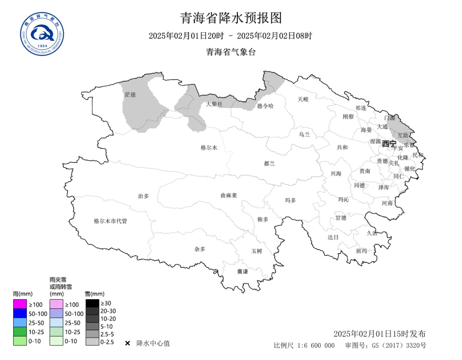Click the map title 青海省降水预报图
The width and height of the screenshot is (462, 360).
click(x=231, y=18)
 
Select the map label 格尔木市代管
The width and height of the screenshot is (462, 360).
click(x=110, y=221)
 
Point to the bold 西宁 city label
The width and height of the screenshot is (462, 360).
click(x=389, y=144)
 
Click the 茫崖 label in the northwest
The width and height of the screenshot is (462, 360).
click(x=130, y=94)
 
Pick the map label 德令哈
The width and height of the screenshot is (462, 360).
click(x=265, y=106)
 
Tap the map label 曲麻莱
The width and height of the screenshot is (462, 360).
click(x=228, y=195)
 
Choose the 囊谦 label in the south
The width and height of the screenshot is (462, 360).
click(x=243, y=271)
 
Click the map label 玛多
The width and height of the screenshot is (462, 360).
click(x=290, y=200)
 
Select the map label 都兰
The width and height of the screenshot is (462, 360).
click(x=269, y=163)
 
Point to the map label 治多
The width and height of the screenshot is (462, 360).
click(x=143, y=196)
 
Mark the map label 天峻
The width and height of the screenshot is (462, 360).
click(x=303, y=99)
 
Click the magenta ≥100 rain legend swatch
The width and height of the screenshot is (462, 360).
click(x=20, y=304)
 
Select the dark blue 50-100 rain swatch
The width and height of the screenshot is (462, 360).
click(x=20, y=313)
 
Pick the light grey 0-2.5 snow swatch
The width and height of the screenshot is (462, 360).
click(x=92, y=342)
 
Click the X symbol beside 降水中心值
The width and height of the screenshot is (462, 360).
click(x=127, y=343)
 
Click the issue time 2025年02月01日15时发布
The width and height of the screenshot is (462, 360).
click(x=379, y=334)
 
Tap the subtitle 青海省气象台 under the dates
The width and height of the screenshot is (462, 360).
click(x=231, y=52)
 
